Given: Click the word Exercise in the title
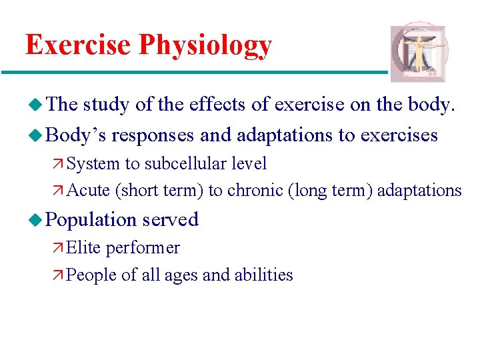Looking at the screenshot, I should (x=79, y=45).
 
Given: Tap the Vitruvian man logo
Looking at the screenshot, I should (x=419, y=54).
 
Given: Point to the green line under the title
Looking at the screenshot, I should (x=193, y=72).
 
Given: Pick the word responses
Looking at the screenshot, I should (x=153, y=136).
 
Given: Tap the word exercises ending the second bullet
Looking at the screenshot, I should (x=399, y=136).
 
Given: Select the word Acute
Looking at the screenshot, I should (x=89, y=191).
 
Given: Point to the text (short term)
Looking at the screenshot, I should (x=159, y=191).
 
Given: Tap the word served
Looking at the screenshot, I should (x=170, y=219).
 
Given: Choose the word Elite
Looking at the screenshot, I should (x=83, y=248).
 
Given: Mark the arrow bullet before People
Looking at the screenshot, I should (x=59, y=275).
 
